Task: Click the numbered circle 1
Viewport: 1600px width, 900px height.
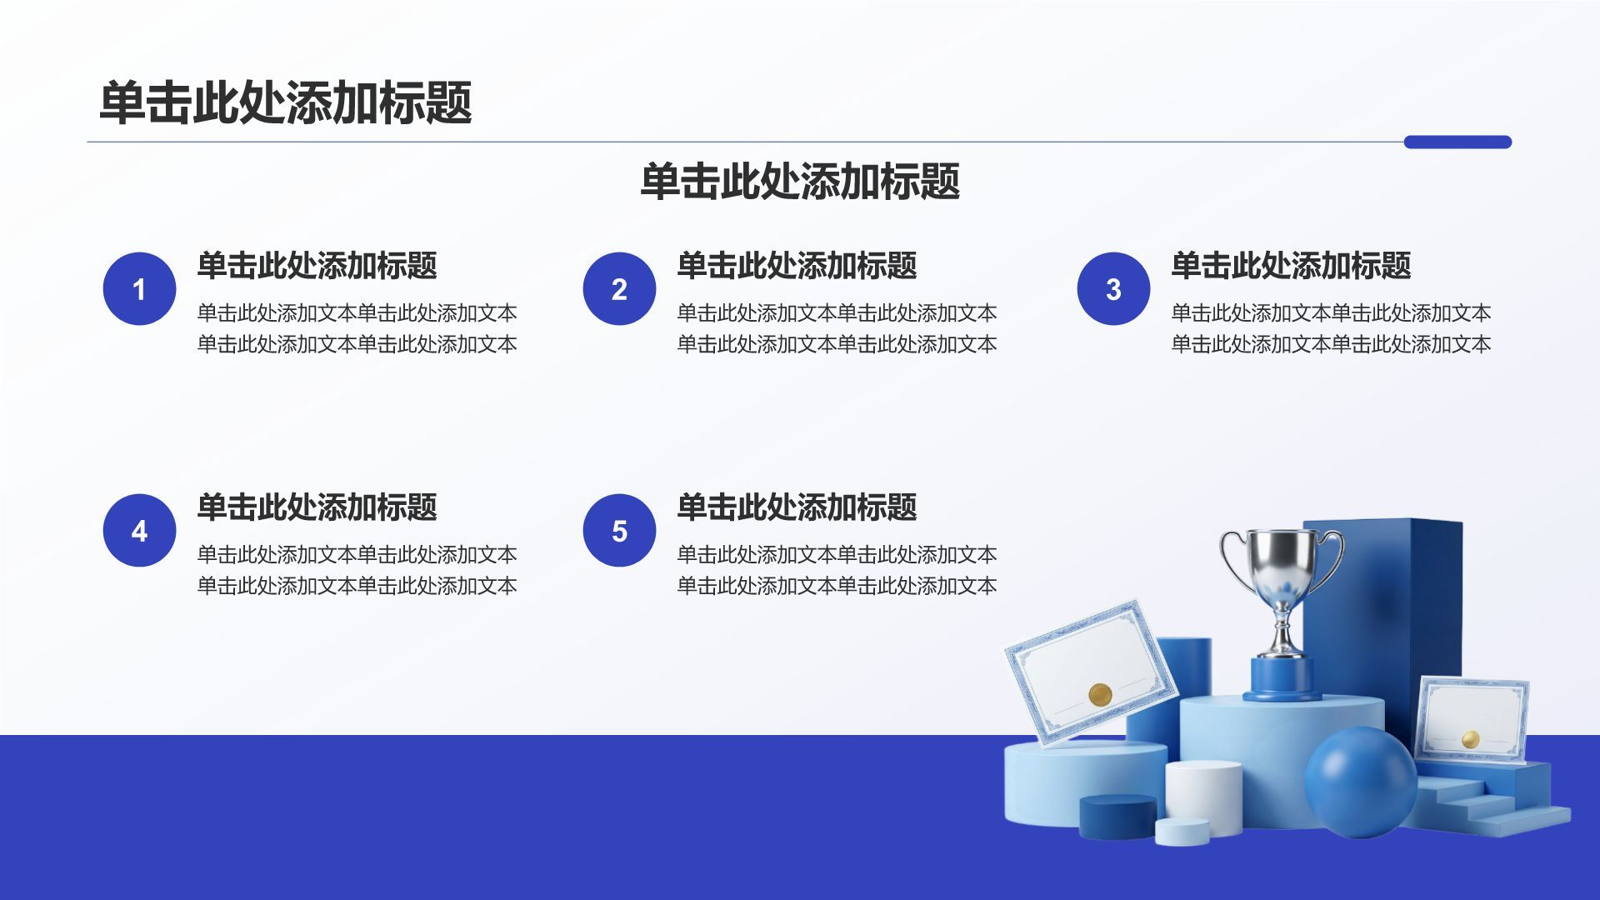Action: pos(139,288)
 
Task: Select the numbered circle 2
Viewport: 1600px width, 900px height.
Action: pos(619,288)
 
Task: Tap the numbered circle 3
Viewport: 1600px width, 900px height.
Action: pos(1113,288)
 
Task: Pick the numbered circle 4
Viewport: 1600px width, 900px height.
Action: pos(139,530)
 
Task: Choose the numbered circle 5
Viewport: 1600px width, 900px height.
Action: pos(619,530)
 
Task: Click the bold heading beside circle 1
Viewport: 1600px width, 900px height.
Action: pos(317,265)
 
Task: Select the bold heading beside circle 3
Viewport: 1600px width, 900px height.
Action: pos(1291,265)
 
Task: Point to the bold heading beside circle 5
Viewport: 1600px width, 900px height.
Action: pos(797,507)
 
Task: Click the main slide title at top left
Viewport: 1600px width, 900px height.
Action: pos(286,102)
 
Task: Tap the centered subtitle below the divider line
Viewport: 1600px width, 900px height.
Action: pos(800,181)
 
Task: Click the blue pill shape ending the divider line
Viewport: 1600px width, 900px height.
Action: pos(1457,142)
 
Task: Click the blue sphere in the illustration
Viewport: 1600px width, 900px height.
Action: pos(1360,782)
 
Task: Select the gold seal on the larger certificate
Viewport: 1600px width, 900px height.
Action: pos(1100,694)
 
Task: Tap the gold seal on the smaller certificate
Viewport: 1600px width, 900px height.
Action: pos(1470,739)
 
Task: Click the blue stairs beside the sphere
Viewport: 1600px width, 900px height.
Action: pos(1492,800)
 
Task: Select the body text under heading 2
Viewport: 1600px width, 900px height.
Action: pos(837,328)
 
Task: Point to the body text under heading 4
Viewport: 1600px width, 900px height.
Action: pos(357,570)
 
